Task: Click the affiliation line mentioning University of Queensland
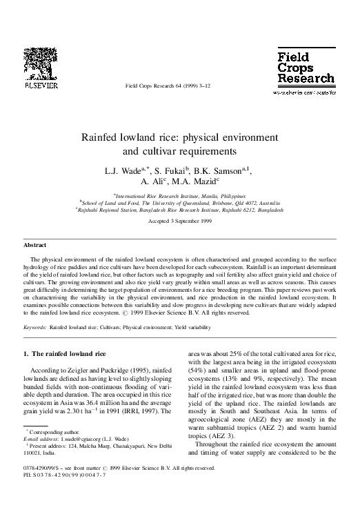click(x=179, y=204)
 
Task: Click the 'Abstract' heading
click(x=35, y=245)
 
